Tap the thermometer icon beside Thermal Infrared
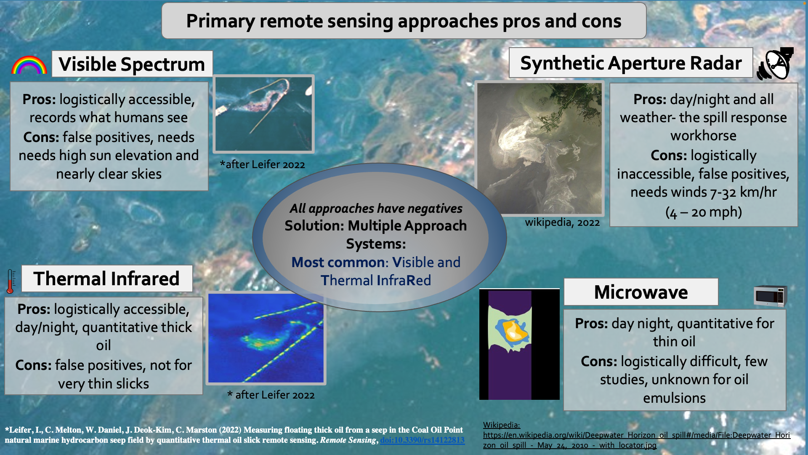point(11,281)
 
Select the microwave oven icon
point(770,296)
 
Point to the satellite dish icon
point(775,64)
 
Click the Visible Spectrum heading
point(132,64)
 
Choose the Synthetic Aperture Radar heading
point(631,63)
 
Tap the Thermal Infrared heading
point(107,278)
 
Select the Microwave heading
point(641,292)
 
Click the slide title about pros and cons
point(404,21)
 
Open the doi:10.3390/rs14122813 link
point(422,440)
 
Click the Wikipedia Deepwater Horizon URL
point(636,440)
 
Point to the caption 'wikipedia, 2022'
point(562,222)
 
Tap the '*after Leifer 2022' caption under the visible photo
point(262,164)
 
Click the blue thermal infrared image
point(266,338)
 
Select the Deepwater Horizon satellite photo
point(540,148)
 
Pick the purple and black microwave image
point(519,344)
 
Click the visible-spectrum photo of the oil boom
point(263,114)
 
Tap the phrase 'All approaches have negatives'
point(376,208)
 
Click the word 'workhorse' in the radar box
point(704,136)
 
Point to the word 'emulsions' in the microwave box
point(674,398)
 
